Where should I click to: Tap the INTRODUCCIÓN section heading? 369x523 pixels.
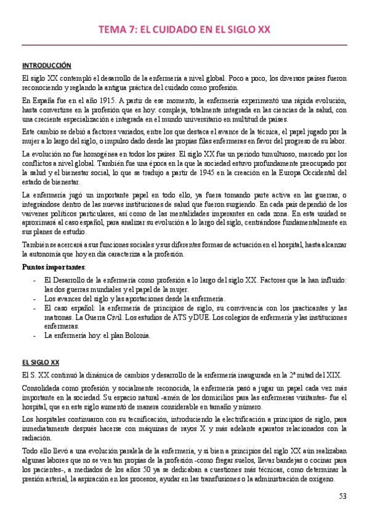click(46, 65)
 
